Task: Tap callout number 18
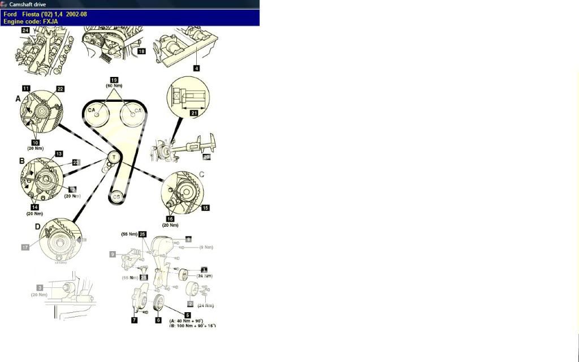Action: click(x=141, y=51)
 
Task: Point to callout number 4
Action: click(x=196, y=68)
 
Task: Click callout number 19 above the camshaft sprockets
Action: click(x=114, y=80)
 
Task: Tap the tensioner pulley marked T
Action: click(x=114, y=157)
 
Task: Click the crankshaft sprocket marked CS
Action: click(x=116, y=196)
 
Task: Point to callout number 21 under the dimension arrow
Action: click(x=195, y=114)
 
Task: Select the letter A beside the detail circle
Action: click(x=18, y=98)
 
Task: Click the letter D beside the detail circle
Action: click(x=37, y=227)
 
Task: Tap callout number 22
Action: click(x=60, y=89)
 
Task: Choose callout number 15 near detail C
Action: click(x=205, y=208)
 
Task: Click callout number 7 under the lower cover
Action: click(x=134, y=320)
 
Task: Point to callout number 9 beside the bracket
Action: click(x=113, y=255)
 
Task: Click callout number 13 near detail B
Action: click(x=58, y=154)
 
